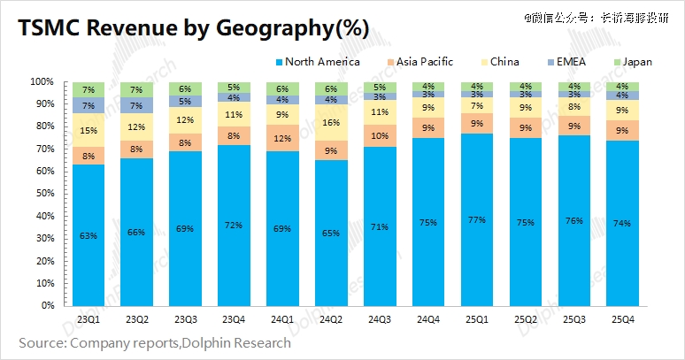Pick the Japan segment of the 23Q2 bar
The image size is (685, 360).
[137, 89]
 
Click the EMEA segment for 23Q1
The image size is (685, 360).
[89, 105]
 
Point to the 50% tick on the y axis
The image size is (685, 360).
[43, 194]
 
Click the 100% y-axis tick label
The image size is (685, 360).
[42, 81]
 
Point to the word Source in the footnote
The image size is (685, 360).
[44, 341]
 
